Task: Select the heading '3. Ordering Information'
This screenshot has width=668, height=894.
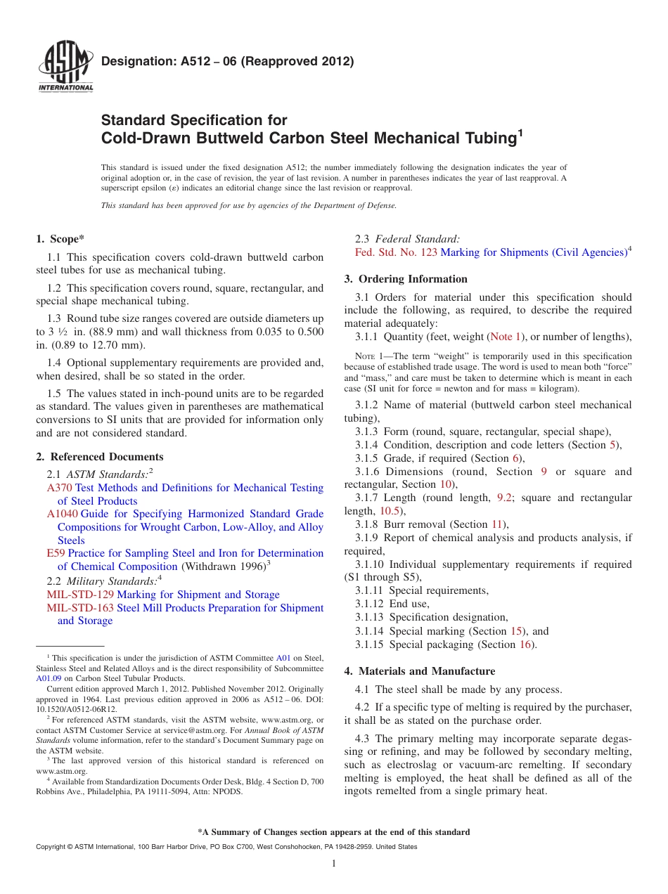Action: [406, 279]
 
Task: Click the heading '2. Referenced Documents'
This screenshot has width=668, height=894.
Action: [100, 457]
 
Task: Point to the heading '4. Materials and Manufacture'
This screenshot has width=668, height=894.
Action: [420, 671]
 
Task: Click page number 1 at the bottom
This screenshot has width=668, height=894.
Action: [335, 863]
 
